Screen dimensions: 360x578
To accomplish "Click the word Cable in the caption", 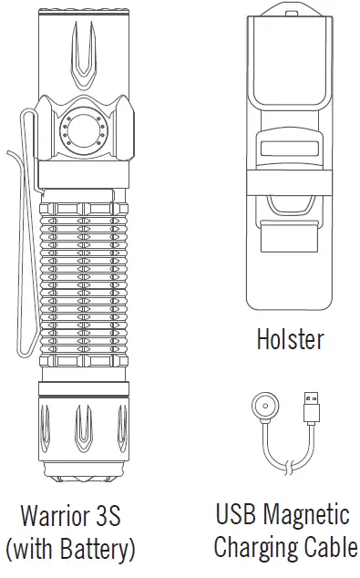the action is click(x=329, y=548).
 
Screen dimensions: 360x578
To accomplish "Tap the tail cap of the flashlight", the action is click(x=83, y=438).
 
